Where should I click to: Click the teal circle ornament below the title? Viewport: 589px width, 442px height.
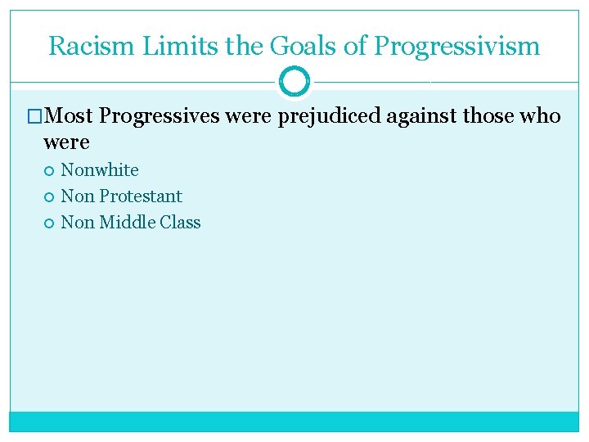pyautogui.click(x=294, y=82)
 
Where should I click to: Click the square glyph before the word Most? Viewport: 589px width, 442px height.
pyautogui.click(x=35, y=117)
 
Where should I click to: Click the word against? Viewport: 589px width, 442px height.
pyautogui.click(x=422, y=116)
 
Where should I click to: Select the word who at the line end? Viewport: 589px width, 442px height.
pyautogui.click(x=541, y=116)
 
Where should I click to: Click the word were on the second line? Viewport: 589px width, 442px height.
pyautogui.click(x=66, y=142)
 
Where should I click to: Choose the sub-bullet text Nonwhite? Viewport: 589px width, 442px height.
pyautogui.click(x=100, y=170)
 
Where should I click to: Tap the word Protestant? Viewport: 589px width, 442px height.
pyautogui.click(x=141, y=196)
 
